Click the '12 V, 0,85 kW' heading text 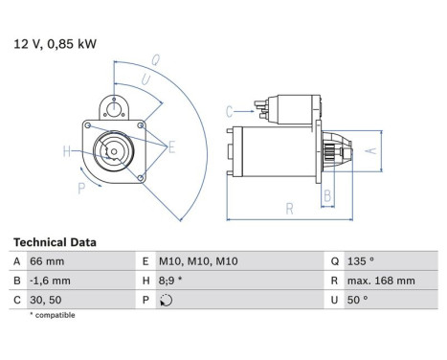55,43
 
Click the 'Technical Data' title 54,242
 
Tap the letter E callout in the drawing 171,146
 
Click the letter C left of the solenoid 230,111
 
